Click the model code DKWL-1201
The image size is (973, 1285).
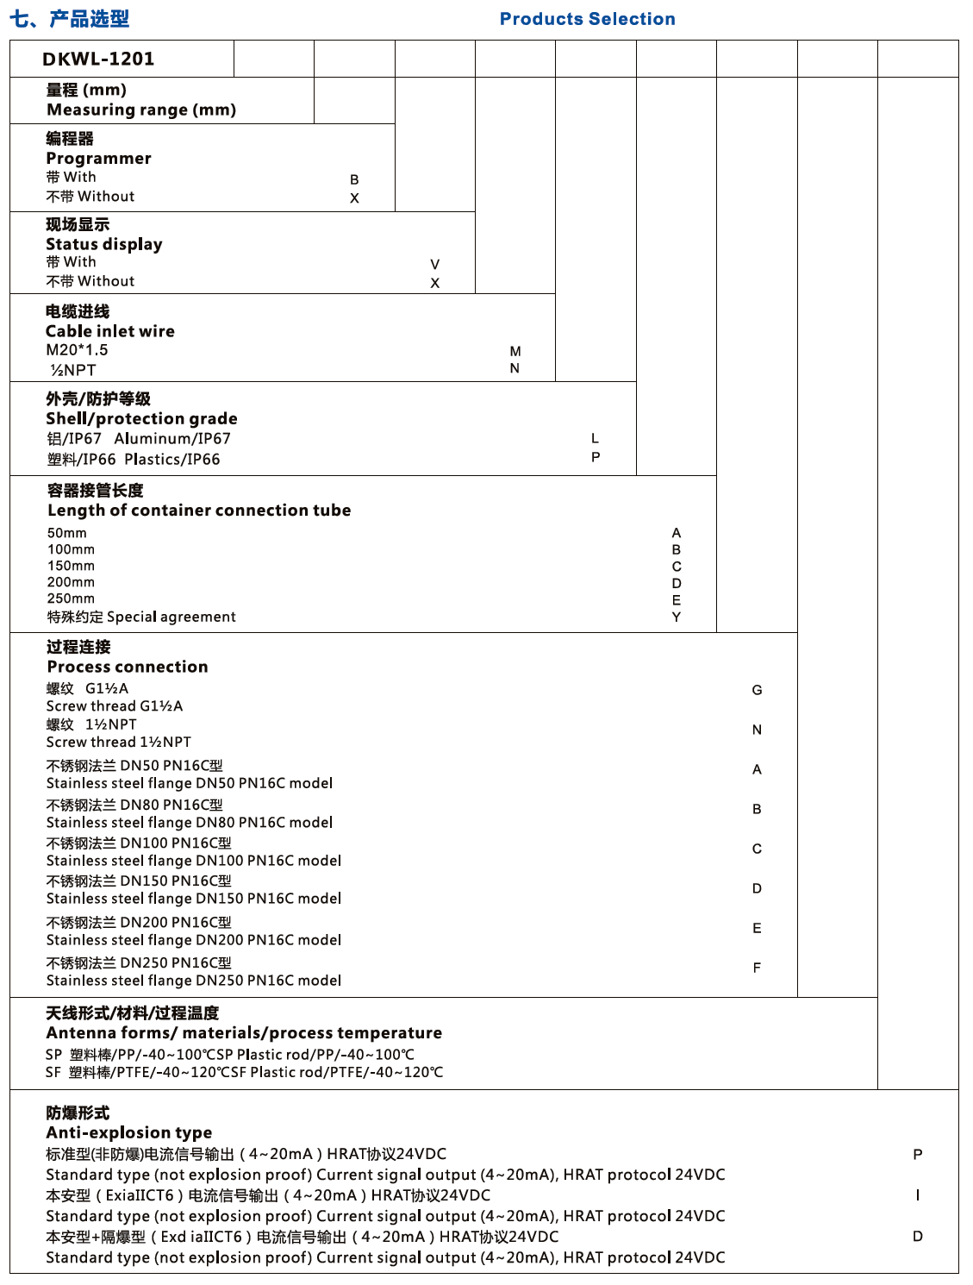pyautogui.click(x=98, y=59)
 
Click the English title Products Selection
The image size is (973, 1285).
pyautogui.click(x=587, y=19)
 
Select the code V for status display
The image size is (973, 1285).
pyautogui.click(x=435, y=265)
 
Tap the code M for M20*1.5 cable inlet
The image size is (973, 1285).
pyautogui.click(x=515, y=351)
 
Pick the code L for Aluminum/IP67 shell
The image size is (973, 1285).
pyautogui.click(x=595, y=439)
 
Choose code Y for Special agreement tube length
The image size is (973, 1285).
pyautogui.click(x=677, y=617)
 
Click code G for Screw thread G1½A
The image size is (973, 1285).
pyautogui.click(x=757, y=690)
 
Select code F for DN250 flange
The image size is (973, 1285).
pyautogui.click(x=757, y=968)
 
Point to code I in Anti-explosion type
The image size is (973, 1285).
pyautogui.click(x=918, y=1195)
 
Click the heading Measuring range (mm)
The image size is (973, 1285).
pyautogui.click(x=141, y=110)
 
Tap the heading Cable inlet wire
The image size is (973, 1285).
pyautogui.click(x=110, y=331)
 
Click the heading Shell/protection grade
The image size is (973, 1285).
pyautogui.click(x=141, y=418)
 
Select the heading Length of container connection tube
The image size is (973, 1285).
pyautogui.click(x=199, y=511)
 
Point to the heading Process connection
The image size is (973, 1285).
pyautogui.click(x=128, y=667)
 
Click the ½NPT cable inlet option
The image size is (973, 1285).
pyautogui.click(x=73, y=370)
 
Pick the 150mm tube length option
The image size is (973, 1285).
pyautogui.click(x=71, y=566)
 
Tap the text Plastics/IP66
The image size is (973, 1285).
pyautogui.click(x=172, y=460)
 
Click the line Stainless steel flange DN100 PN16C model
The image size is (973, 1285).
pyautogui.click(x=194, y=861)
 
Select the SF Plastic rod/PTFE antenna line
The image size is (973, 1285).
pyautogui.click(x=244, y=1072)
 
